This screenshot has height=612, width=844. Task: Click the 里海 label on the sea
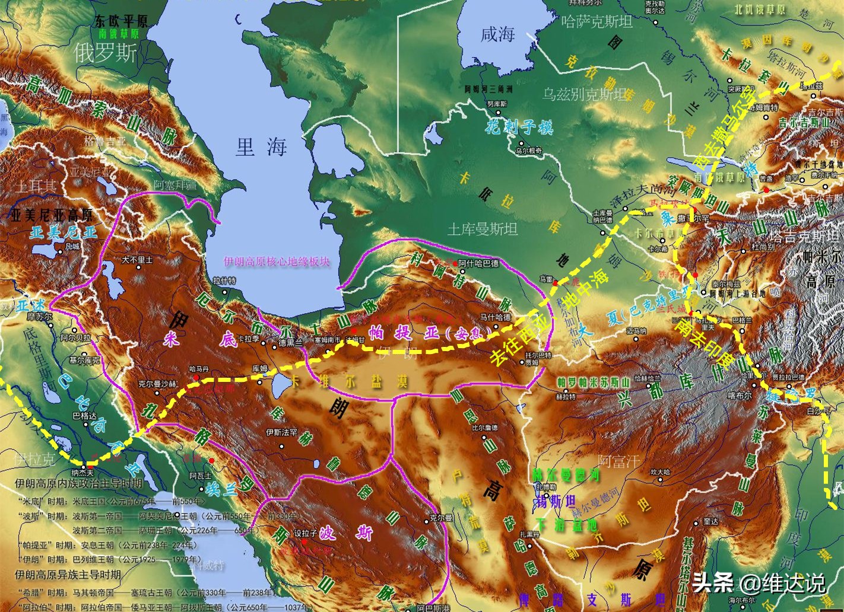tap(261, 146)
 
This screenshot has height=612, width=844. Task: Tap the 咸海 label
tap(497, 34)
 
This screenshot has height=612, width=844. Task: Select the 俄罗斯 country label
tap(106, 53)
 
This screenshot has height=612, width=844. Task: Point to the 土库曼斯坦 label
tap(482, 229)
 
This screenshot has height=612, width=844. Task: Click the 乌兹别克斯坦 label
tap(585, 94)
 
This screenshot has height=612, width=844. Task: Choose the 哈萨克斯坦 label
tap(596, 23)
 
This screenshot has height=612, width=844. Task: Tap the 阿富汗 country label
tap(619, 461)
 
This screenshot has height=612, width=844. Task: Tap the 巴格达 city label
tap(84, 416)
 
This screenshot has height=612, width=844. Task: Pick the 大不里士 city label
tap(137, 260)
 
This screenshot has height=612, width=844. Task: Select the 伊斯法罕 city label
tap(281, 433)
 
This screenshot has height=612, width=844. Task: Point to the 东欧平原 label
tap(121, 21)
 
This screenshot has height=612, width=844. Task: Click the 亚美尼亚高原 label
tap(52, 215)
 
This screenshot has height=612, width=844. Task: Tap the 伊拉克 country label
tap(34, 459)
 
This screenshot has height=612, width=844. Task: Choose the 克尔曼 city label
tap(441, 518)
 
